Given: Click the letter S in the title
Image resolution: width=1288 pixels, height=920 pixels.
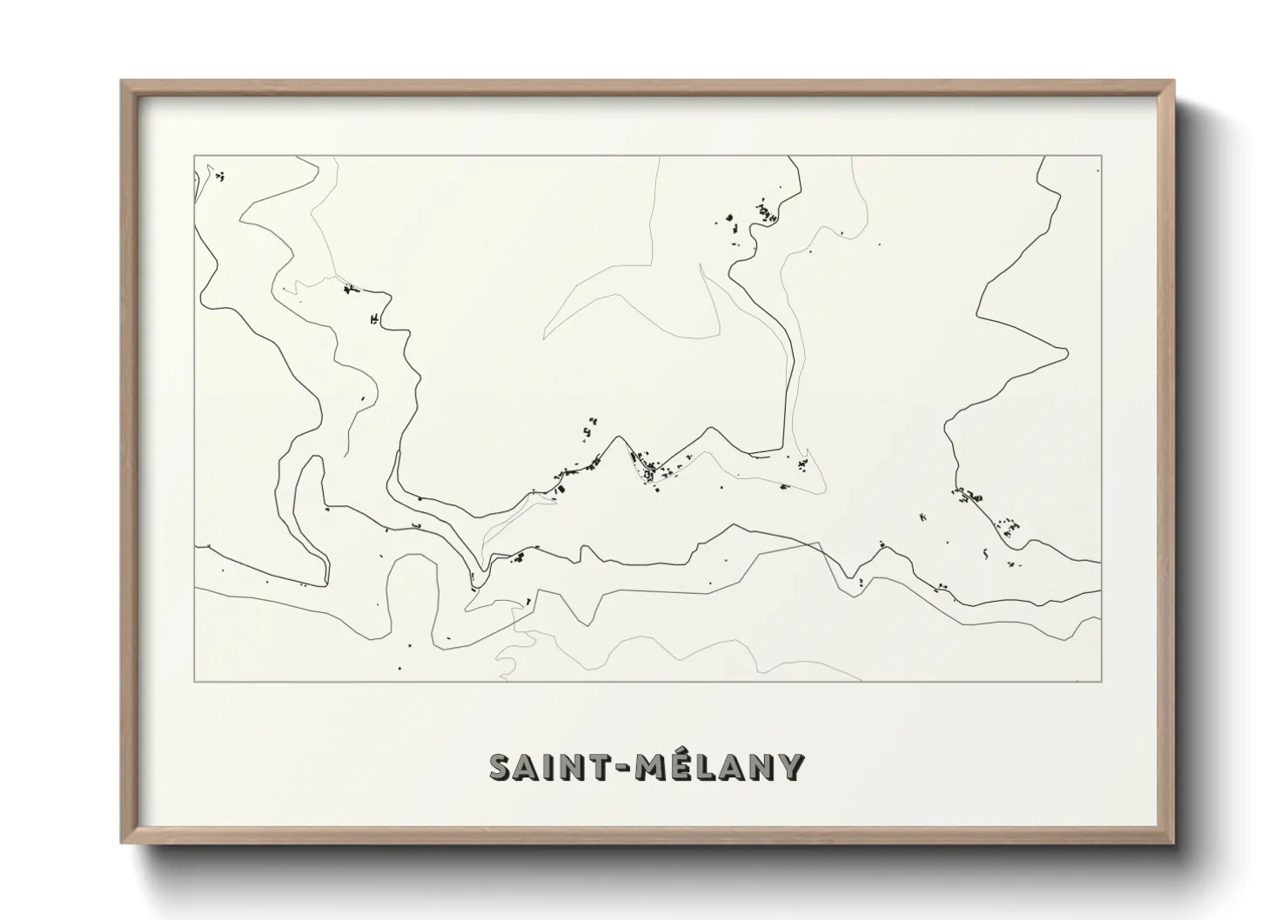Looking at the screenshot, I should [x=500, y=767].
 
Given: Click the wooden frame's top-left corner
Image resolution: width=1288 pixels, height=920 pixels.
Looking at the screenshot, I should [x=122, y=81].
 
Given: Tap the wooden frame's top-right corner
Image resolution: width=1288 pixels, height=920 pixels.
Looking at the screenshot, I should [x=1174, y=81].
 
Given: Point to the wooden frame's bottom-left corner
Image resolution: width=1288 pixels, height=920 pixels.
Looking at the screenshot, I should [x=122, y=842].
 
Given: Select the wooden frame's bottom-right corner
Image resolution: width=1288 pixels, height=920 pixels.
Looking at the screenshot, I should [x=1174, y=842].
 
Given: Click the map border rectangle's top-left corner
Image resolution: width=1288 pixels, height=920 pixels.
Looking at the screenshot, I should [x=194, y=157].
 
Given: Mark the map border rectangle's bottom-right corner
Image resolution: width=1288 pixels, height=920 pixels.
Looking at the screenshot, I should [x=1102, y=682].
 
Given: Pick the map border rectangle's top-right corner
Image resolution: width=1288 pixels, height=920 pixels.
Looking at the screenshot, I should [x=1102, y=157].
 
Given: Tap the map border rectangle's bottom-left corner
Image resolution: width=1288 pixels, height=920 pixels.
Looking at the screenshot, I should [x=194, y=682].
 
